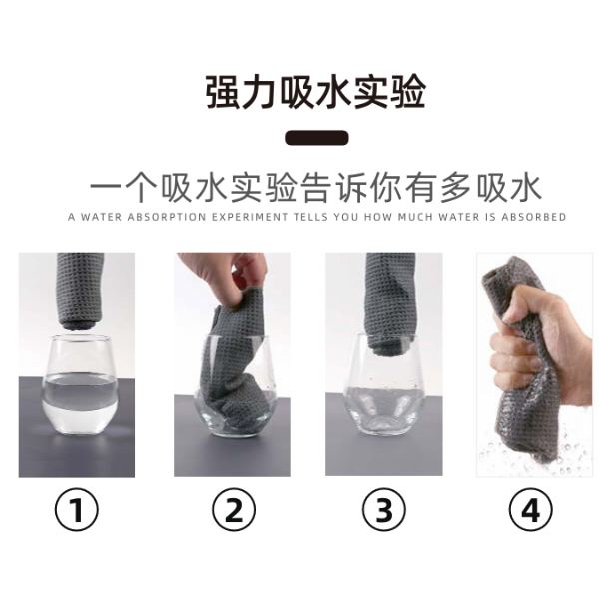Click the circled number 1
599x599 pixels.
pos(77,510)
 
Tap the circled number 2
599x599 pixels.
pos(234,510)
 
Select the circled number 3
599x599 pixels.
pos(384,510)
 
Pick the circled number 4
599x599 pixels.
pos(531,510)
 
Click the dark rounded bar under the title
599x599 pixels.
pos(316,138)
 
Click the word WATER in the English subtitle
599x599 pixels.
pos(101,217)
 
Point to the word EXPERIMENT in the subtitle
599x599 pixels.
pos(250,217)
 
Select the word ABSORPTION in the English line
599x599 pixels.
pos(166,217)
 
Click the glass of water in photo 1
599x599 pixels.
pos(80,385)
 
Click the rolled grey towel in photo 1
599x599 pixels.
pos(80,291)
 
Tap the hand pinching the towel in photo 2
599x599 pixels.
pos(227,277)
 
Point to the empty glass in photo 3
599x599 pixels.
pos(384,385)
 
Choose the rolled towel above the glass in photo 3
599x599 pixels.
pos(389,299)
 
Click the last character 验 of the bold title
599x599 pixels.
pos(407,92)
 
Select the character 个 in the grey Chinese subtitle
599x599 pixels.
pos(142,188)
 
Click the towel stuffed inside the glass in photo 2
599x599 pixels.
pos(236,366)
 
